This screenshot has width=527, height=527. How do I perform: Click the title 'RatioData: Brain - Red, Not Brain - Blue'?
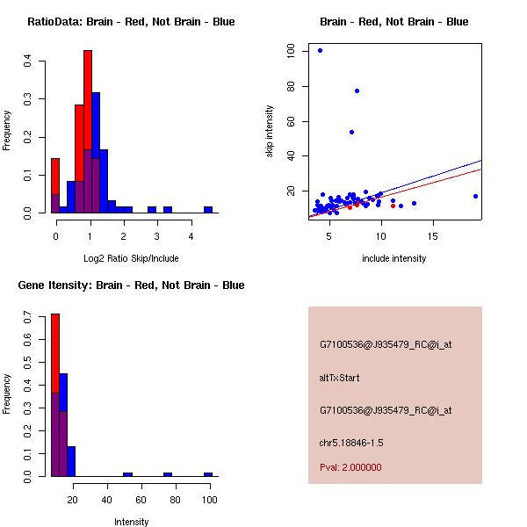131,22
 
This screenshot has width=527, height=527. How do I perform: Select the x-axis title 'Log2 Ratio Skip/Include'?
131,258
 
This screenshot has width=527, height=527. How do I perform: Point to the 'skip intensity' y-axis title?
270,132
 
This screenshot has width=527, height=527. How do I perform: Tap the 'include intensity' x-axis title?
394,258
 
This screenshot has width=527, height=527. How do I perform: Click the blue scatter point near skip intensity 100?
320,51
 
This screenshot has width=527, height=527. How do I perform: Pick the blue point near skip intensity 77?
357,90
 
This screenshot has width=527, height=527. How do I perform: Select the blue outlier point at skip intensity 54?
351,132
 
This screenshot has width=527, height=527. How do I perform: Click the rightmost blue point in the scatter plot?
475,196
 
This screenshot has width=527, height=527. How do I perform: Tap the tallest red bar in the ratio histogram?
88,132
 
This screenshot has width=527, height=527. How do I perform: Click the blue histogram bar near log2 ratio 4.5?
208,210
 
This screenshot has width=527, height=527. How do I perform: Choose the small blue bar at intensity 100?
208,474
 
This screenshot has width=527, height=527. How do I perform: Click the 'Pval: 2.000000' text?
350,467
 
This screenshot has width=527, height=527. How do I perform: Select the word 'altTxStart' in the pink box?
339,378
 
